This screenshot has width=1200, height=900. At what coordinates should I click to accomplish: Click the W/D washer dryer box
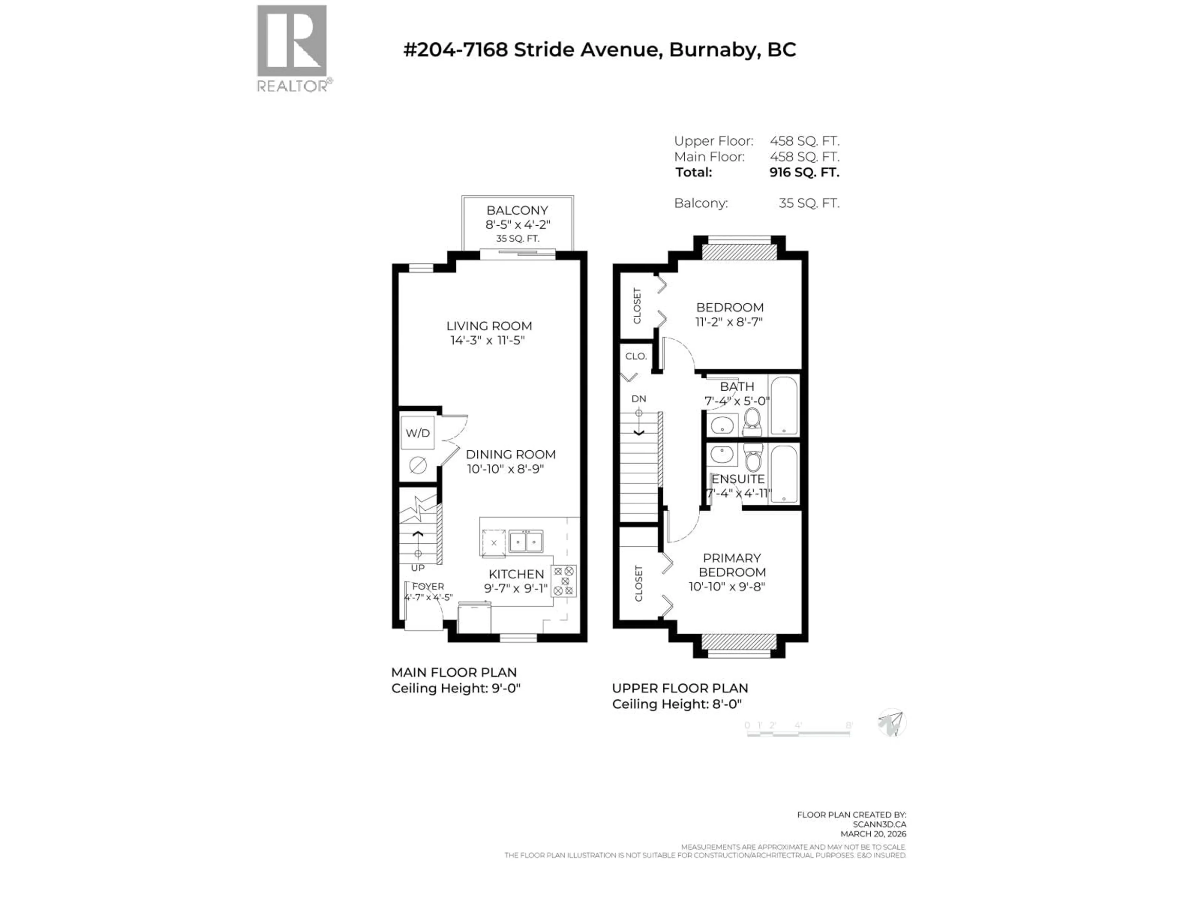point(418,433)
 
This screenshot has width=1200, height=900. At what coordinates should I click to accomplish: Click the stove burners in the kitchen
point(564,581)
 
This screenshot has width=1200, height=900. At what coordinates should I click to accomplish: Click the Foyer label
point(428,587)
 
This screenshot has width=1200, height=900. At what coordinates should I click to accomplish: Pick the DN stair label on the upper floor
point(638,399)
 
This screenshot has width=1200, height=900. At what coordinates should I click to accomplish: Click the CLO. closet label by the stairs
point(636,357)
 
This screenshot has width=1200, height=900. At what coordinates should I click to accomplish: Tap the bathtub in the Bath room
point(783,405)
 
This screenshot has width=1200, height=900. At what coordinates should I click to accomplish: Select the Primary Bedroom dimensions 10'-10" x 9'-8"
point(727,587)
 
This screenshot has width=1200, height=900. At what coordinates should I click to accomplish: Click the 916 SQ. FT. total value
point(804,172)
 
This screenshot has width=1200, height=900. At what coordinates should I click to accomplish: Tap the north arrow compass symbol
point(891,723)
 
